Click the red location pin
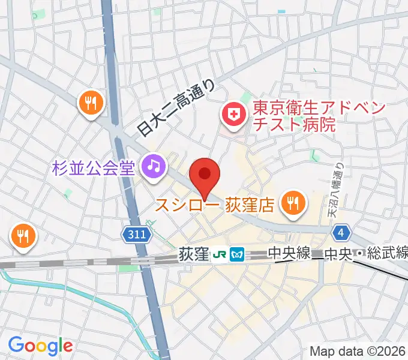pyautogui.click(x=205, y=175)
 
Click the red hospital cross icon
pyautogui.click(x=232, y=113)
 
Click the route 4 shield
pyautogui.click(x=341, y=232)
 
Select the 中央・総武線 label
pyautogui.click(x=365, y=254)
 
